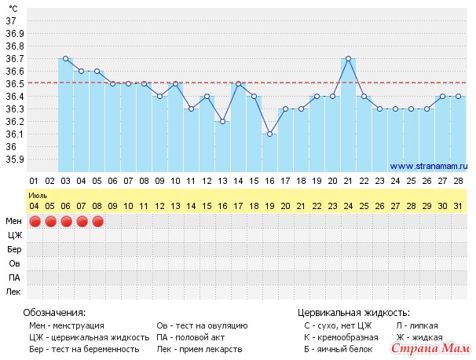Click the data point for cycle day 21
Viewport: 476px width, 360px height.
pyautogui.click(x=348, y=58)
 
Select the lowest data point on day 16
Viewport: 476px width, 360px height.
pyautogui.click(x=269, y=134)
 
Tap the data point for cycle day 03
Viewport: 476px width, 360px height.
pyautogui.click(x=65, y=58)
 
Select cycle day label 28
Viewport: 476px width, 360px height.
pyautogui.click(x=458, y=181)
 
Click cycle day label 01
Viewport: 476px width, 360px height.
pyautogui.click(x=34, y=181)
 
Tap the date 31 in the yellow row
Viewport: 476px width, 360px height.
pyautogui.click(x=458, y=206)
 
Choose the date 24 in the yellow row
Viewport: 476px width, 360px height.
pyautogui.click(x=348, y=206)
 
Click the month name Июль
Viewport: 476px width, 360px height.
pyautogui.click(x=36, y=193)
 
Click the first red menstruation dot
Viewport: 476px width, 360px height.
pyautogui.click(x=34, y=222)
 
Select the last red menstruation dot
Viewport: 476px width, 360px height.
pyautogui.click(x=97, y=222)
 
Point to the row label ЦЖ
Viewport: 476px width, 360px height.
pyautogui.click(x=14, y=235)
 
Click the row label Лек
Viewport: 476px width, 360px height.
pyautogui.click(x=14, y=292)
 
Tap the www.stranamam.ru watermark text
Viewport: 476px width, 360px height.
pyautogui.click(x=428, y=166)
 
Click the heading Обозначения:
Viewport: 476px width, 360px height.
pyautogui.click(x=57, y=312)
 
